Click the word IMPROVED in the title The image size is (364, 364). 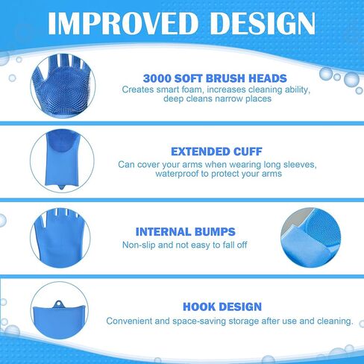pos(123,23)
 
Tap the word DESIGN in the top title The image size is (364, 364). pos(264,23)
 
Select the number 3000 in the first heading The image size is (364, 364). pos(157,78)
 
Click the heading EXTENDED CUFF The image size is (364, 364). pos(216,151)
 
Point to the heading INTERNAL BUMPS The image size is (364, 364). pos(186,232)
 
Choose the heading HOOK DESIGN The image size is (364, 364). pos(222,307)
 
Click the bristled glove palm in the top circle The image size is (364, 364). pos(63,87)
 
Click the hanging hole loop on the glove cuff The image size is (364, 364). pos(59,304)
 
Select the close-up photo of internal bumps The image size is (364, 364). pos(311,237)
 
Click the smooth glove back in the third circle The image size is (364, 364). pos(60,238)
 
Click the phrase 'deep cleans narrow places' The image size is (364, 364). pos(217,98)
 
